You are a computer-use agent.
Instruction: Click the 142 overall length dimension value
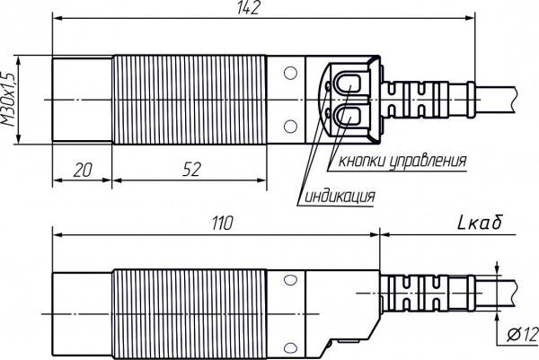(x=248, y=7)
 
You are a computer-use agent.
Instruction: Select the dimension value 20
(x=83, y=170)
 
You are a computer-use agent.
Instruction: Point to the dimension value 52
(x=191, y=170)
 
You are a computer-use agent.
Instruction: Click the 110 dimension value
(x=223, y=224)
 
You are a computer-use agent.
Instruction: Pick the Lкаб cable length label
(x=481, y=223)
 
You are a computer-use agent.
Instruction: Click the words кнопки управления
(x=402, y=160)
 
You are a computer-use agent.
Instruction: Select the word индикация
(x=340, y=196)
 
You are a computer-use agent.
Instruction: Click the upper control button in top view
(x=349, y=83)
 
